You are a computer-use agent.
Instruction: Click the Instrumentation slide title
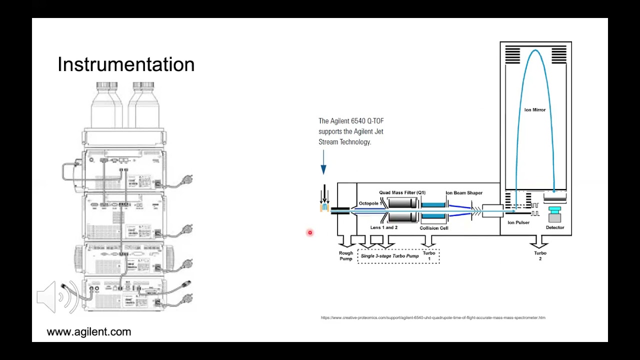click(126, 64)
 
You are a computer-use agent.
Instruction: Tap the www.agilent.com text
click(88, 332)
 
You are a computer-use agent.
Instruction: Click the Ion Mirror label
click(534, 110)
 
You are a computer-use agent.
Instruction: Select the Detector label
click(554, 227)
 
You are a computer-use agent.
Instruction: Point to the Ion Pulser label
click(518, 222)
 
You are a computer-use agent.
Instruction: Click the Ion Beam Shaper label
click(463, 193)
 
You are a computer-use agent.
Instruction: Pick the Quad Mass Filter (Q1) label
click(402, 192)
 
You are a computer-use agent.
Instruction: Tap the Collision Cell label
click(433, 228)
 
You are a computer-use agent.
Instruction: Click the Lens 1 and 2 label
click(383, 227)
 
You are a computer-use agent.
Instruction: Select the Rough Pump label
click(346, 256)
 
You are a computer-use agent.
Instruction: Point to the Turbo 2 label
click(540, 255)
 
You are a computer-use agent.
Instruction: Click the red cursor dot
click(310, 232)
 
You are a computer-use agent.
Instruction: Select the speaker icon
click(56, 297)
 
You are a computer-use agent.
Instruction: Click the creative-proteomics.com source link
click(433, 317)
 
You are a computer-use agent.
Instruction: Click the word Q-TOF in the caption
click(375, 121)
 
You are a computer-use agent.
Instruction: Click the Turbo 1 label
click(429, 255)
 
